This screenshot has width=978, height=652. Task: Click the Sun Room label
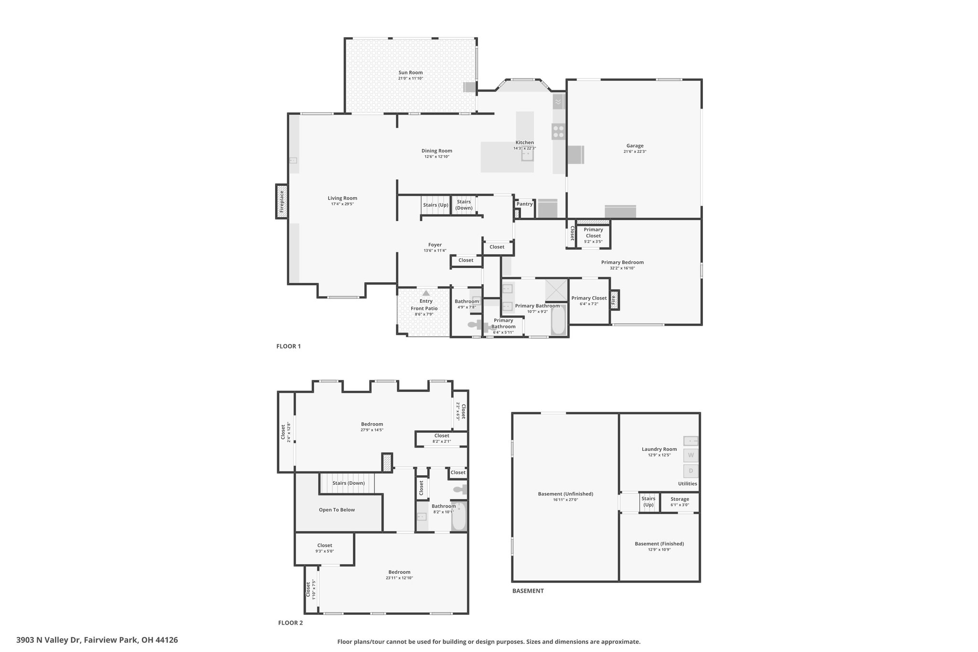[x=411, y=73]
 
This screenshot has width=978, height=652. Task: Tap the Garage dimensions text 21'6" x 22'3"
[x=635, y=151]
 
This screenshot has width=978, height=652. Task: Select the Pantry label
[x=524, y=204]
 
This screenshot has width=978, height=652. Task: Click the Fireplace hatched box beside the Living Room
[x=282, y=202]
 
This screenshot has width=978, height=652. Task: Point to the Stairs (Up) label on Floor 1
[x=436, y=205]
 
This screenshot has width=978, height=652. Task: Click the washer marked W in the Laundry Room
[x=691, y=455]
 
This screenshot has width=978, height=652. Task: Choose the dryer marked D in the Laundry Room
[x=691, y=471]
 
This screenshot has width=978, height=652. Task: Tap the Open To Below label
[x=337, y=510]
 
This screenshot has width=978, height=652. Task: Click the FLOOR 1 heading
[x=288, y=346]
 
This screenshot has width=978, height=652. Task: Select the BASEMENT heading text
[x=528, y=591]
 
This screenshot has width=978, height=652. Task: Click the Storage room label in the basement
[x=680, y=499]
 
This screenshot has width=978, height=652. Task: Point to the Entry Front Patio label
[x=425, y=305]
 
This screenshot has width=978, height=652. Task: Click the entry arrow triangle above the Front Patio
[x=425, y=293]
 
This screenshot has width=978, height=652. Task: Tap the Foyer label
[x=435, y=245]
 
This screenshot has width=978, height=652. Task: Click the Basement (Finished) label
[x=659, y=544]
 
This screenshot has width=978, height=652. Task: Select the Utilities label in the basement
[x=687, y=484]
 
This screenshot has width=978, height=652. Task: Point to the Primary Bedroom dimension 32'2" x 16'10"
[x=622, y=268]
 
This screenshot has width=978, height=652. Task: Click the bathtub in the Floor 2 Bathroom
[x=459, y=516]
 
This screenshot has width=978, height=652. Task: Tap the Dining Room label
[x=436, y=151]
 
